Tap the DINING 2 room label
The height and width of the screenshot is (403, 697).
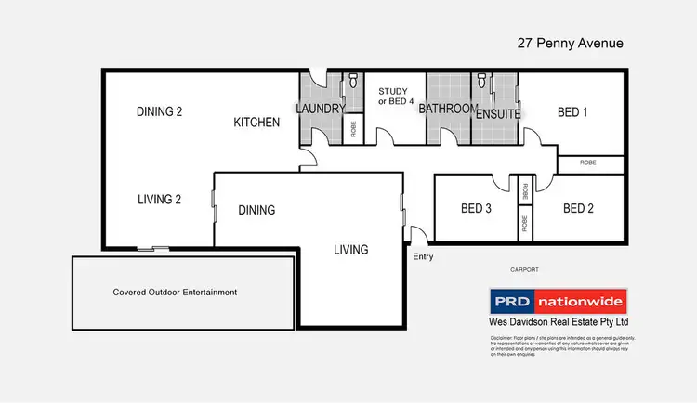pos(159,112)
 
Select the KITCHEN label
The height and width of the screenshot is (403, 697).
pos(256,123)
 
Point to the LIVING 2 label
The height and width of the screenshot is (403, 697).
pos(159,199)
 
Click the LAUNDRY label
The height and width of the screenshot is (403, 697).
pos(321,109)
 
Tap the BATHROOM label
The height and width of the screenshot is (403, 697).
pos(448,109)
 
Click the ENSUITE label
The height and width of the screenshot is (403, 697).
pos(498,113)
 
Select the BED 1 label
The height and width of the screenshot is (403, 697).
pos(572,112)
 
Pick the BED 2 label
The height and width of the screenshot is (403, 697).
pos(578,208)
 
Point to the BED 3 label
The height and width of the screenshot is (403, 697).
pos(476,208)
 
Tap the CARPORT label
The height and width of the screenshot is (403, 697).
pos(524,269)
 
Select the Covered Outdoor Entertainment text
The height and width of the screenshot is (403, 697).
pos(175,292)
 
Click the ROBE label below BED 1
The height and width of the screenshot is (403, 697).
pos(588,162)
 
